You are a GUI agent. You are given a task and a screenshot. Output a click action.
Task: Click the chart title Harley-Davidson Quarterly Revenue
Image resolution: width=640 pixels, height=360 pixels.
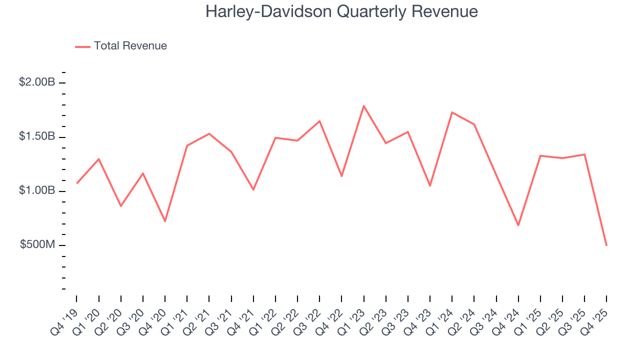click(x=341, y=12)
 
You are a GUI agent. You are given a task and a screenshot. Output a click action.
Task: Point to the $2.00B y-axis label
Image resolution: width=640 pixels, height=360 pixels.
click(x=37, y=82)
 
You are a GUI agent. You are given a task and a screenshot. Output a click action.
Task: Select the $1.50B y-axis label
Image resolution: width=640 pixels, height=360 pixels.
click(x=37, y=137)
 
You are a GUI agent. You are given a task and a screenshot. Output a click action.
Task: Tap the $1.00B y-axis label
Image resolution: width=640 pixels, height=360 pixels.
click(x=37, y=191)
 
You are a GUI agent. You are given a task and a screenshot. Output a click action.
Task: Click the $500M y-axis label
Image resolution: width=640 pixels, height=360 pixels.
click(x=37, y=245)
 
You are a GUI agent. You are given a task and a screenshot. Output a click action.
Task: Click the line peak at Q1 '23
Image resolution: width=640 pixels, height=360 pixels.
click(x=363, y=105)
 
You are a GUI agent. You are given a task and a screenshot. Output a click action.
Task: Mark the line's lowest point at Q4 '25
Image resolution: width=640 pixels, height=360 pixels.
click(x=606, y=245)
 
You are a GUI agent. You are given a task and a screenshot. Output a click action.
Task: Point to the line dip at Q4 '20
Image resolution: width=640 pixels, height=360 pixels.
click(x=165, y=221)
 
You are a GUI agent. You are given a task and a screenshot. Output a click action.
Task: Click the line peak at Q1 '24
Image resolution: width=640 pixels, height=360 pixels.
click(x=452, y=112)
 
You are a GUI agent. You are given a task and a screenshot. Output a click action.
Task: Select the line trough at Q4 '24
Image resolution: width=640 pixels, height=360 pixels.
click(x=518, y=225)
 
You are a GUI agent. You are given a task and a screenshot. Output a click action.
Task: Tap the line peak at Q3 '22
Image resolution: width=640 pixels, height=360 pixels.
click(x=319, y=121)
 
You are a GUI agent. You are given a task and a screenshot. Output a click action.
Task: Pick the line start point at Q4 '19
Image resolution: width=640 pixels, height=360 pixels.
click(x=76, y=183)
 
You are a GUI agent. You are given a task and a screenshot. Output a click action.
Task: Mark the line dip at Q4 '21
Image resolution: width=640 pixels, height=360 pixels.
click(x=253, y=189)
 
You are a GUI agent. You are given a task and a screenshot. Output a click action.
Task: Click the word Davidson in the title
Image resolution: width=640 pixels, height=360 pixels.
click(x=290, y=12)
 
